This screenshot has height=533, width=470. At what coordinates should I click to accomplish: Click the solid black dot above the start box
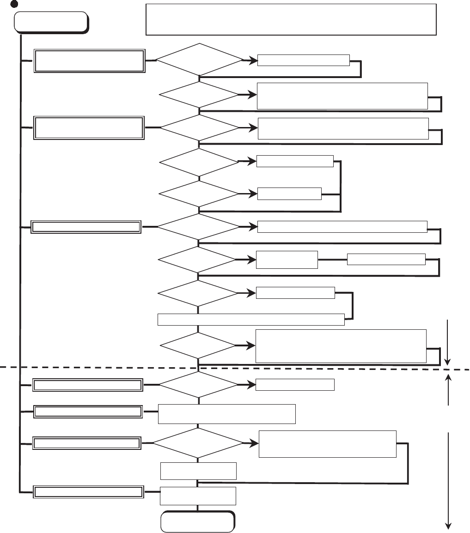click(x=14, y=3)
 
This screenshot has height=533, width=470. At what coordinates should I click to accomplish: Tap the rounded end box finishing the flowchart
click(x=197, y=521)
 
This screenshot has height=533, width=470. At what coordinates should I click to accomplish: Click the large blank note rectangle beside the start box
click(x=291, y=19)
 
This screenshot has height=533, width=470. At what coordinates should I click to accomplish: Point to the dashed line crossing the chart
click(x=92, y=368)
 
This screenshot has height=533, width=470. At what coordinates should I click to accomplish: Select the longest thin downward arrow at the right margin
click(x=448, y=480)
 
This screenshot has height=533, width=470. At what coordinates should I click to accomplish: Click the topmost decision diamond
click(x=199, y=60)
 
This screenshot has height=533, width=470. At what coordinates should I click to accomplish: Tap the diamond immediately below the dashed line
click(x=198, y=384)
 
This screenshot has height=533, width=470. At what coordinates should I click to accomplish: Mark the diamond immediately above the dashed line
click(x=198, y=345)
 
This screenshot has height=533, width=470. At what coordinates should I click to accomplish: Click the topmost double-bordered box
click(x=89, y=61)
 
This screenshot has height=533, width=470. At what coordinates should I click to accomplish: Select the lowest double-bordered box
click(x=87, y=492)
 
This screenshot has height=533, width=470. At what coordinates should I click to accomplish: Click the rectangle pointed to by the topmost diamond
click(x=303, y=60)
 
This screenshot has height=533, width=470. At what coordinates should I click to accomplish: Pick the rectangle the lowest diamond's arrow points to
click(x=327, y=444)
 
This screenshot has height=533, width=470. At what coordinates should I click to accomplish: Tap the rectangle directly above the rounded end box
click(x=198, y=496)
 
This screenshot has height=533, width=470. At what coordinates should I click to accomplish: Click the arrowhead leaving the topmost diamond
click(x=253, y=60)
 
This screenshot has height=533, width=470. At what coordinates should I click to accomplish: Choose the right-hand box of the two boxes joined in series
click(x=386, y=260)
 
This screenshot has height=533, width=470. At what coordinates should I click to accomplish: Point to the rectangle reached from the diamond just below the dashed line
click(x=295, y=384)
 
